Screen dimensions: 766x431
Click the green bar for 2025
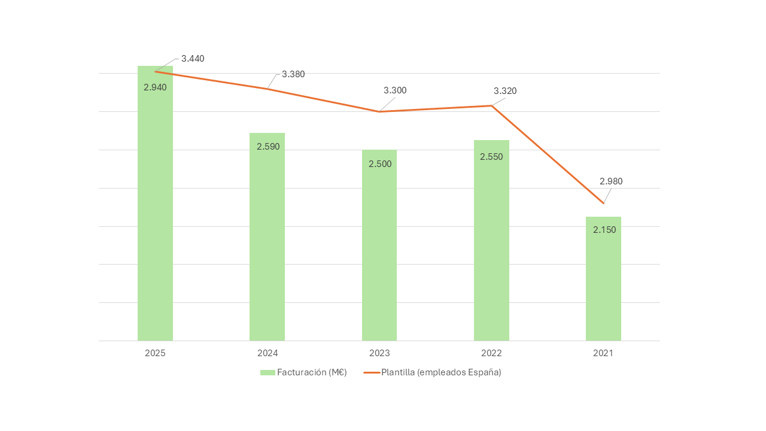click(x=155, y=203)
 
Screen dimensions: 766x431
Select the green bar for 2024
click(x=267, y=236)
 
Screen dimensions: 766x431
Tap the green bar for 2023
click(x=379, y=245)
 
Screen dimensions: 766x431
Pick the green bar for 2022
click(x=491, y=241)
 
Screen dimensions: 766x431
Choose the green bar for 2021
click(x=604, y=279)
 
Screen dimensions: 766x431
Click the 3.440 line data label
click(x=193, y=59)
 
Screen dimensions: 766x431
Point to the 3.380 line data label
click(x=293, y=74)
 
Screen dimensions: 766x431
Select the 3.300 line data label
click(x=395, y=90)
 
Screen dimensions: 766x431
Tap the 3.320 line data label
click(x=505, y=91)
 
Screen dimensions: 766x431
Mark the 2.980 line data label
click(x=611, y=181)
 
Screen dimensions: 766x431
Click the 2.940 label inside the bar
click(x=155, y=87)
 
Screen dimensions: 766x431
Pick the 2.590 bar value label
click(x=268, y=147)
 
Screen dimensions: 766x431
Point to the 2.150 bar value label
click(x=604, y=230)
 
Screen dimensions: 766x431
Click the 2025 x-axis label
click(x=155, y=353)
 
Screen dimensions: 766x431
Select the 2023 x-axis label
click(x=379, y=353)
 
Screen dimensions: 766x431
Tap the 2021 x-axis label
click(x=604, y=353)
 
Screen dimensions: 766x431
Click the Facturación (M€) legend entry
click(x=303, y=372)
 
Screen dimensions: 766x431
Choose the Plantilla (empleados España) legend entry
click(x=432, y=372)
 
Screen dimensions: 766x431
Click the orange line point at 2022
click(x=491, y=106)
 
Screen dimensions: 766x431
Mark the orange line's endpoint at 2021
click(x=604, y=203)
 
